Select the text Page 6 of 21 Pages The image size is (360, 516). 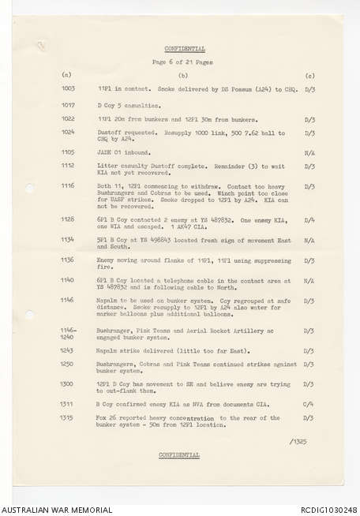182,62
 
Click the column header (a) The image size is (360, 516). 66,74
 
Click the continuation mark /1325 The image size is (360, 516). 301,442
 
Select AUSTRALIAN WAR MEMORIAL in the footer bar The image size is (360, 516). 56,510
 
